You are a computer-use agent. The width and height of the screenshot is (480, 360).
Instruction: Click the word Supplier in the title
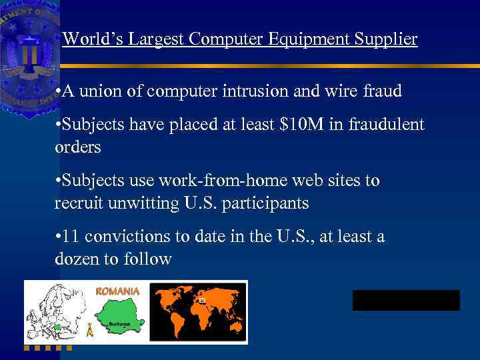pos(389,39)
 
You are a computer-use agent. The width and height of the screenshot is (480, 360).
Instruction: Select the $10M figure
pos(289,125)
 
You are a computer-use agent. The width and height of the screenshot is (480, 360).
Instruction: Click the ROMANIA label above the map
pos(118,291)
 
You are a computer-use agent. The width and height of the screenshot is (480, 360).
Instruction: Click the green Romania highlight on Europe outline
pos(58,327)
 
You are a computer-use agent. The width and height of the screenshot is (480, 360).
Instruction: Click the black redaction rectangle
pos(406,300)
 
